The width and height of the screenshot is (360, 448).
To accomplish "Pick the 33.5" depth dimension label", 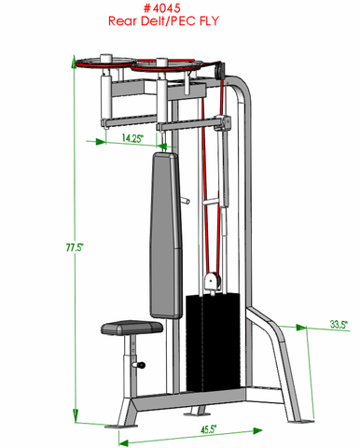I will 338,325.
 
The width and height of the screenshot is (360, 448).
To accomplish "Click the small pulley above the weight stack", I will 215,278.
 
